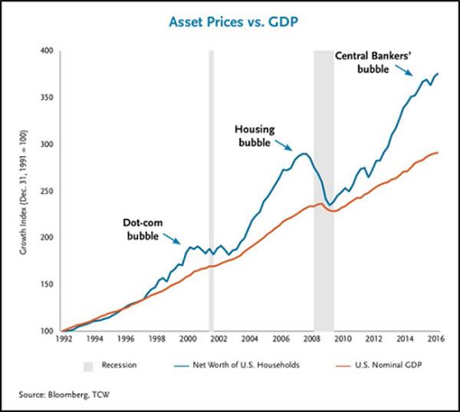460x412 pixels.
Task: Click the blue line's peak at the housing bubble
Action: pos(304,154)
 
